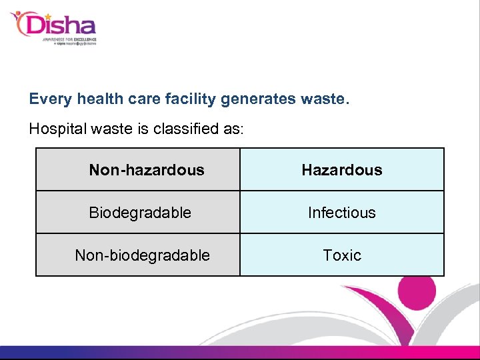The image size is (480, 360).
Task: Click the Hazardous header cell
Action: pyautogui.click(x=342, y=170)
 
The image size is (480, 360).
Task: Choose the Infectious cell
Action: pyautogui.click(x=342, y=213)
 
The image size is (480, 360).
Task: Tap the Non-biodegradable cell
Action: pyautogui.click(x=143, y=255)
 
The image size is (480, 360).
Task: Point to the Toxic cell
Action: pyautogui.click(x=342, y=255)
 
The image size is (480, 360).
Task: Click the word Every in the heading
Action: pyautogui.click(x=51, y=99)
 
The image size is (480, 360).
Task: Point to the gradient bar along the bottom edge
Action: pyautogui.click(x=240, y=353)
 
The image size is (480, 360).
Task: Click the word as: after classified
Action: pyautogui.click(x=233, y=129)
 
